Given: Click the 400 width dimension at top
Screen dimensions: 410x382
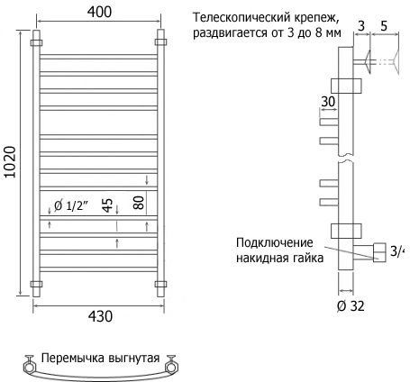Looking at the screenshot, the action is pos(99,12).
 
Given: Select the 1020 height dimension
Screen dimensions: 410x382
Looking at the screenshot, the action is pos(10,162).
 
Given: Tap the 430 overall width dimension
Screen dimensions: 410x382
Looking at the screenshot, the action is pos(100,316).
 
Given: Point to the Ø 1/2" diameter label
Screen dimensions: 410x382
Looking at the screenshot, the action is pos(71,205).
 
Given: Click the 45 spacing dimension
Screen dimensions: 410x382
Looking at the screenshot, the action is pos(107,205).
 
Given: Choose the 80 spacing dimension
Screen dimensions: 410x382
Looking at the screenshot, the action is pos(139,203).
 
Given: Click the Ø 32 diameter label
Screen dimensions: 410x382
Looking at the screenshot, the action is pos(351,306).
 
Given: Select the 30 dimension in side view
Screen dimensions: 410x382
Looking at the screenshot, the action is pos(328,102).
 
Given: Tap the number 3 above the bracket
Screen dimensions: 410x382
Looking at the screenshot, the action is pos(361,26).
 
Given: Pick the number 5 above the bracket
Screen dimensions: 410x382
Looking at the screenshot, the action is pos(384,26).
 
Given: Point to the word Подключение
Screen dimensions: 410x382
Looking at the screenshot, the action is pos(275,242).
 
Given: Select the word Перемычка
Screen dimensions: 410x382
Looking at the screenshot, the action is pos(73,359).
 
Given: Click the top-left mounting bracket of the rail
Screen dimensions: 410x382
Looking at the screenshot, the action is pos(36,42).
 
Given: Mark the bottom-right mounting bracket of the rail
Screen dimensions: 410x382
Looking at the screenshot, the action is pos(160,284).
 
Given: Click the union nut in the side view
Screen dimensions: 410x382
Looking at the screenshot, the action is pos(379,252).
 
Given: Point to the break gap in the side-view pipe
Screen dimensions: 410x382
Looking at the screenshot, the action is pos(346,159).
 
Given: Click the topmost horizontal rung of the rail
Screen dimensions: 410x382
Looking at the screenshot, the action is pos(98,57).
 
